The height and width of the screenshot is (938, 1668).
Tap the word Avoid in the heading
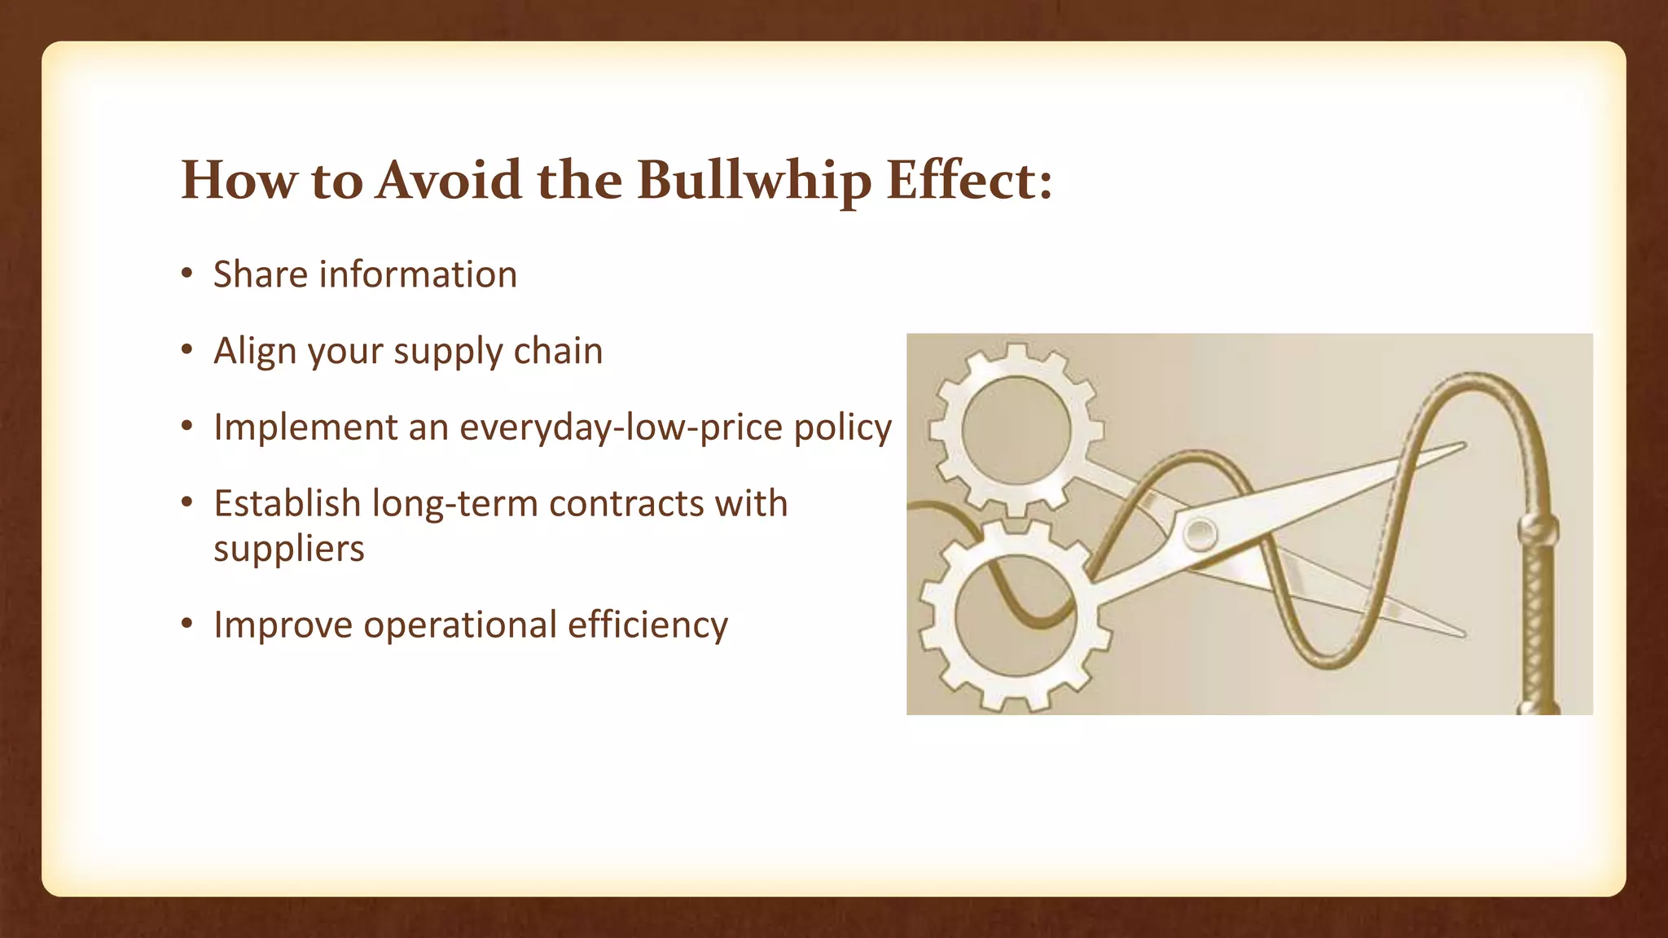pos(448,180)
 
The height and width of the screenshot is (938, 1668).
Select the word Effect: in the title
pos(969,180)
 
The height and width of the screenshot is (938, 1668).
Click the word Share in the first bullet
pos(261,274)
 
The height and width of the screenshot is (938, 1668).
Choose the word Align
pos(254,351)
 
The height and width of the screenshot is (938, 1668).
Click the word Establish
pos(288,503)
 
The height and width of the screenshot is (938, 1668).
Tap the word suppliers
pos(289,548)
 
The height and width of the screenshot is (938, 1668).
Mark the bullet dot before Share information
pos(187,274)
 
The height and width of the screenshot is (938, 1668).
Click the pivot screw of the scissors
pos(1200,534)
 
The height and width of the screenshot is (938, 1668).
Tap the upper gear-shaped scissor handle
pos(1015,430)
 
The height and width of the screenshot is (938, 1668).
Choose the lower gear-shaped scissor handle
pos(1015,616)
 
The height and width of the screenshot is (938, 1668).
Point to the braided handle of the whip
pos(1538,619)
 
